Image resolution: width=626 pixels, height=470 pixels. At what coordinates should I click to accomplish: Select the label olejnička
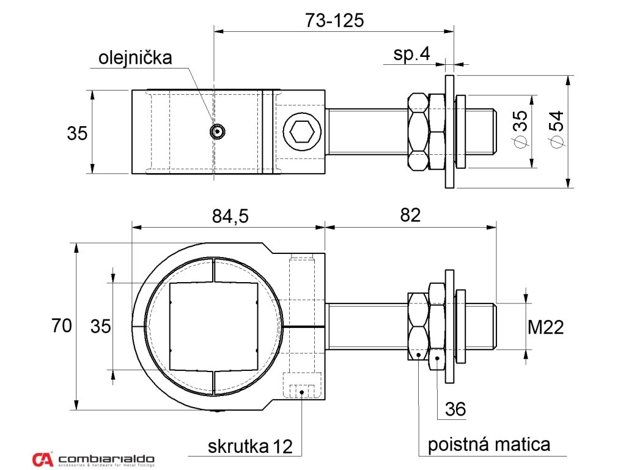pos(136,58)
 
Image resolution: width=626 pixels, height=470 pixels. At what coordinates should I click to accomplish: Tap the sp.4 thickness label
pos(411,54)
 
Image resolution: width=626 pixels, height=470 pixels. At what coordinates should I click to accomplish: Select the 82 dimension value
pos(411,216)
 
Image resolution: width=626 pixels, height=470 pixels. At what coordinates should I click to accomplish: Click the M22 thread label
pos(545,328)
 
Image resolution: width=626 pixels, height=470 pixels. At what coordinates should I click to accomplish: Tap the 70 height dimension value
pos(62,326)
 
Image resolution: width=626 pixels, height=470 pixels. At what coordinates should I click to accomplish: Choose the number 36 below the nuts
pos(455,409)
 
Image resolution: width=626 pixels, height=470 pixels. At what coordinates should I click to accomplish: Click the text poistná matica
pos(488,444)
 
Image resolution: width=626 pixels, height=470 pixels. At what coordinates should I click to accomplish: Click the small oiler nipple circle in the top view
pos(217,131)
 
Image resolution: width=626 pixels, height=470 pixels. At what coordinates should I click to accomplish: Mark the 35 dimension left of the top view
pos(78,133)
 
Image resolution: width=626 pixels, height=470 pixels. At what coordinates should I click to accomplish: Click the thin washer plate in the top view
pos(450,132)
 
